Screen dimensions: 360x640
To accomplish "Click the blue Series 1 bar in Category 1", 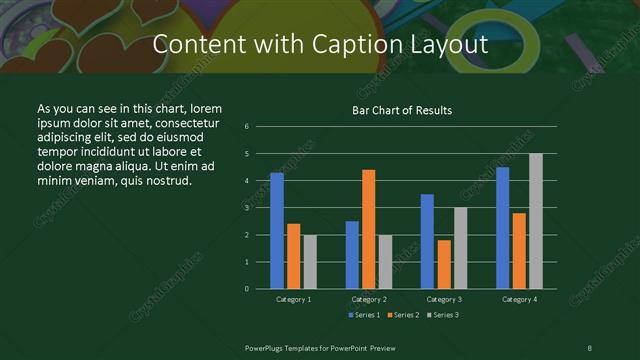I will point(277,230).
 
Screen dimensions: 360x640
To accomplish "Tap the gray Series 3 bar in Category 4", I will point(535,220).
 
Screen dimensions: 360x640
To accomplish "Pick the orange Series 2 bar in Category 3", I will point(443,264).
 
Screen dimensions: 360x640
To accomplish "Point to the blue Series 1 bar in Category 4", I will point(502,227).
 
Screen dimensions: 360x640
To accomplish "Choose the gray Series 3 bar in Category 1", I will point(309,261).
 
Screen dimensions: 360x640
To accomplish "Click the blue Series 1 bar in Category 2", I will point(352,254).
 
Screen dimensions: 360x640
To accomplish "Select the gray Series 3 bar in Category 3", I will point(460,247).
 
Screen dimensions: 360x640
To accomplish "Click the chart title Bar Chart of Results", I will point(402,110).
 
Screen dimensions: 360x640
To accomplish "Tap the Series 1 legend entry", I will point(365,315).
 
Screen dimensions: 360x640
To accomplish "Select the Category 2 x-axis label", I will point(368,299).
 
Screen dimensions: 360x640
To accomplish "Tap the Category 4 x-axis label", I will point(518,299).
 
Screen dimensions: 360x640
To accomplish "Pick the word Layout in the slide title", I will point(447,45).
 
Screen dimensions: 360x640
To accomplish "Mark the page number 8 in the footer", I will point(589,346).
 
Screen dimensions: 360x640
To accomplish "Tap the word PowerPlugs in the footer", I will point(267,346).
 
